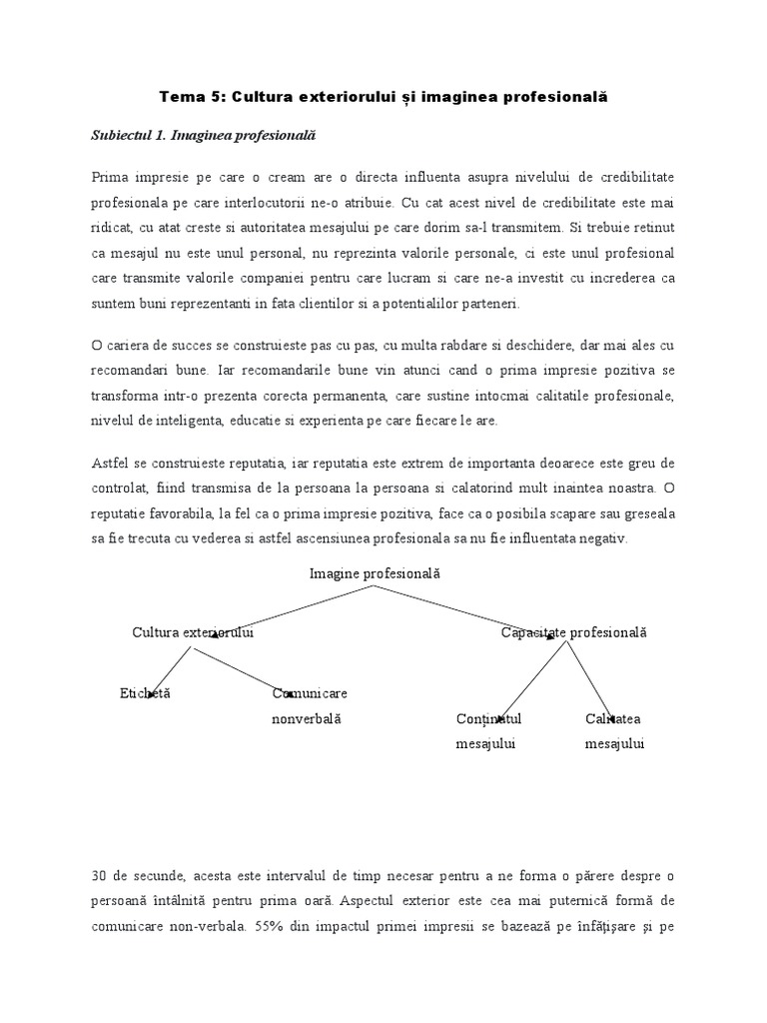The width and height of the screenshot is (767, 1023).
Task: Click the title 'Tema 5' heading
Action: point(383,97)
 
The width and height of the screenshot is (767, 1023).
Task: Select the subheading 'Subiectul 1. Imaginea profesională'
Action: point(198,135)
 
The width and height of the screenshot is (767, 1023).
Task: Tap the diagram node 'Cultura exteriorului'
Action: point(193,632)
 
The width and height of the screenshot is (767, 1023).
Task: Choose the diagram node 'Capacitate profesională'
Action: point(573,632)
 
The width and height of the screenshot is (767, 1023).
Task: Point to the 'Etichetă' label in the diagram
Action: point(145,692)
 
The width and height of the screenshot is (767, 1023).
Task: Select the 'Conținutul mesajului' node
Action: point(488,731)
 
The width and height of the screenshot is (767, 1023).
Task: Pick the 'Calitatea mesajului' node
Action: point(614,731)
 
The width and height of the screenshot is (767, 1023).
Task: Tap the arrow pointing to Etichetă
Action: point(171,669)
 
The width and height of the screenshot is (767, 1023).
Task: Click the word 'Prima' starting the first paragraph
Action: point(109,178)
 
